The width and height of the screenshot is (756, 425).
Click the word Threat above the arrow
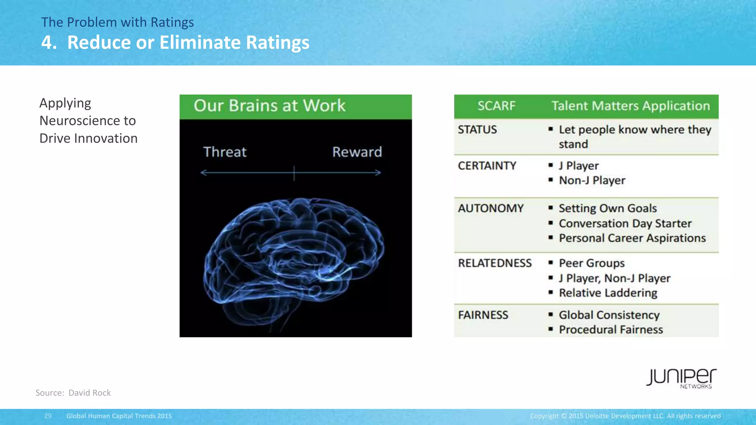[x=225, y=152]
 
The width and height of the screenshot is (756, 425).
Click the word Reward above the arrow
[x=357, y=152]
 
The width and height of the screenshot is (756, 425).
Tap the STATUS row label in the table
[x=477, y=130]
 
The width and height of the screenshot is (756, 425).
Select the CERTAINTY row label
[x=487, y=166]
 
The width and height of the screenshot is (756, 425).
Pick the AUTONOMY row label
[x=491, y=208]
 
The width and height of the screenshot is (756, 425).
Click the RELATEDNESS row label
[x=495, y=263]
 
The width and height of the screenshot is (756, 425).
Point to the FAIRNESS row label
[x=483, y=315]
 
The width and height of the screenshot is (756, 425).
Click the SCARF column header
[x=496, y=106]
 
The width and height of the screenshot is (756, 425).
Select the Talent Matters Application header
[x=630, y=106]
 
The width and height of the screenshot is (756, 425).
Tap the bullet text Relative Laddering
[x=608, y=293]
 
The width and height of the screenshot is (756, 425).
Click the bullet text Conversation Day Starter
[x=625, y=224]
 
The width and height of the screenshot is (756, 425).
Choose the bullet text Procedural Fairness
[x=611, y=329]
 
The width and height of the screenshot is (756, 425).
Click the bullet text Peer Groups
[x=591, y=263]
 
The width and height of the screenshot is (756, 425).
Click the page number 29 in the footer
[x=48, y=416]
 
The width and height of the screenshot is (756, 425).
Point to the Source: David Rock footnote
[x=73, y=393]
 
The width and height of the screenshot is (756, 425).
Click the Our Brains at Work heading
[x=269, y=106]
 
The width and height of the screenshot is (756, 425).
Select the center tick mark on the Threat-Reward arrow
[x=294, y=173]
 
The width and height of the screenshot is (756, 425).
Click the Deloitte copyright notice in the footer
[x=625, y=416]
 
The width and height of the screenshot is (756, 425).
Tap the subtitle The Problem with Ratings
[x=117, y=23]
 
